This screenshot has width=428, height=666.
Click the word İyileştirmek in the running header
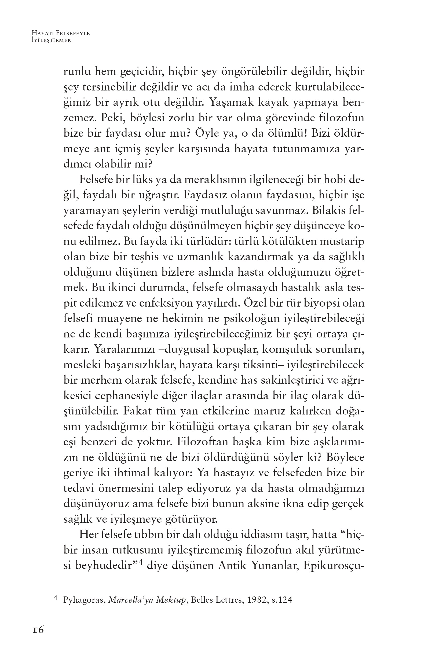[52, 40]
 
